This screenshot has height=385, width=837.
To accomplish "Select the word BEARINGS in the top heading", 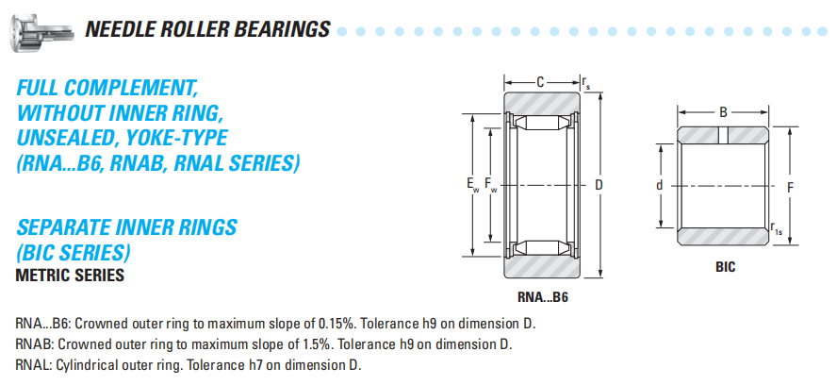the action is pos(285,29).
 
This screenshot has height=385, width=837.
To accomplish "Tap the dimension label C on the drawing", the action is pos(540,82).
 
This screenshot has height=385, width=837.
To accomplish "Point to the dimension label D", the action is pos(599,185).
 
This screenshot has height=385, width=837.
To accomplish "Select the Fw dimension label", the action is pos(491,185).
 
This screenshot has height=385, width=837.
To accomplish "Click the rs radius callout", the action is pos(586,83).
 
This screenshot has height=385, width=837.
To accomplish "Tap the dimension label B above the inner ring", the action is pos(723,112).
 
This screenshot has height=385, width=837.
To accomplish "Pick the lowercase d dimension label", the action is pos(661,186).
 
